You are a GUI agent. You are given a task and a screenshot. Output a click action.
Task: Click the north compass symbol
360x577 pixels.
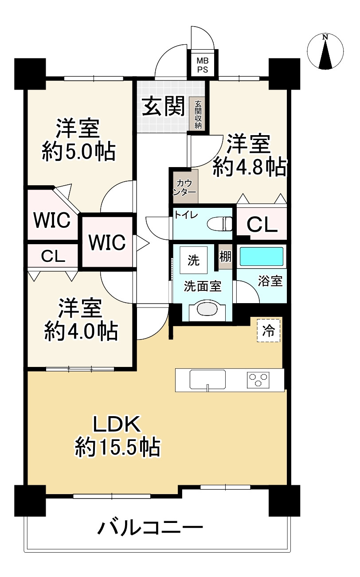pos(325,52)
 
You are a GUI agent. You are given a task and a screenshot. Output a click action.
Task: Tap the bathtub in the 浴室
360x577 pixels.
pos(261,257)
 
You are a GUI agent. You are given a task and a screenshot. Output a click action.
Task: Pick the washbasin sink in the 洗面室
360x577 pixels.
pos(208,308)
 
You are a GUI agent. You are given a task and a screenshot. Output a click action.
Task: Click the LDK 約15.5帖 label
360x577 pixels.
pos(117,437)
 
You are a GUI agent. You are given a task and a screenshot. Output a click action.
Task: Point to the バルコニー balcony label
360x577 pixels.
pos(150,528)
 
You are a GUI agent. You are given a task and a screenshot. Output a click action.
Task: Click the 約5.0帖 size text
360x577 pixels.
pos(78,152)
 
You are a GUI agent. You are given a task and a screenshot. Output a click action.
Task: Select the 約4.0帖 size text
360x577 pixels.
pos(81,331)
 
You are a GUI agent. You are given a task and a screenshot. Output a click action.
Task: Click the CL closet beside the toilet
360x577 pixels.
pos(262,225)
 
